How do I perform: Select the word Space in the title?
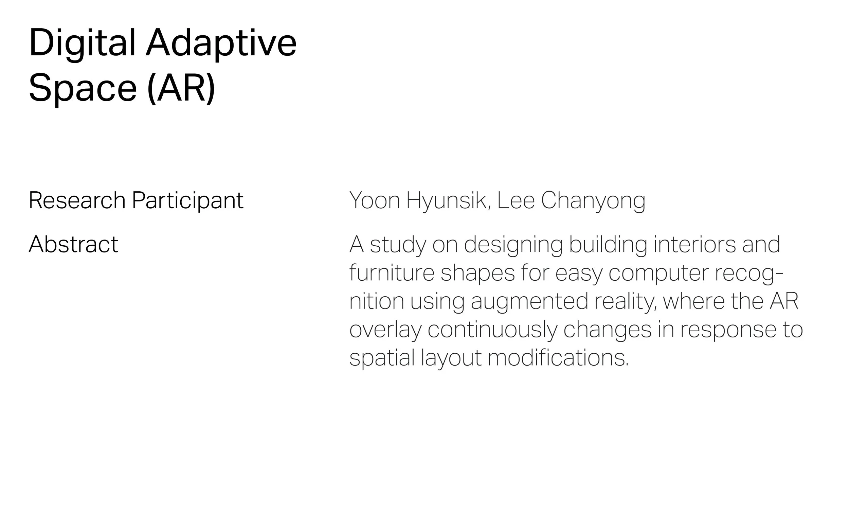click(x=83, y=88)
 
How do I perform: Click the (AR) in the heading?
click(x=181, y=88)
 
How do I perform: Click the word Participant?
click(x=187, y=200)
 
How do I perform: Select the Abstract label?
click(x=73, y=245)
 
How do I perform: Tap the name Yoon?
click(x=375, y=200)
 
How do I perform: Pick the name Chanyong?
click(x=593, y=200)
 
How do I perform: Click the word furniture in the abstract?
click(x=392, y=273)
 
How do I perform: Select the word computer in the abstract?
click(x=658, y=273)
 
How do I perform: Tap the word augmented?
click(x=529, y=302)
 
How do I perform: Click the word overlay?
click(x=385, y=330)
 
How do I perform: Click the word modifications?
click(x=558, y=358)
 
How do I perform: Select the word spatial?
click(x=382, y=358)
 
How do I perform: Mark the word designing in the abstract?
click(x=513, y=245)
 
